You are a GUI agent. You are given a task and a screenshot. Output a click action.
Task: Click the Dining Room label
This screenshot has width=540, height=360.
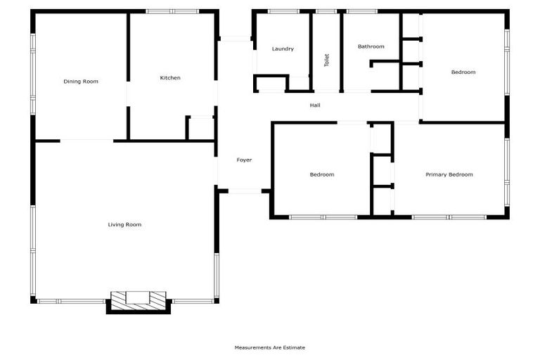(81, 82)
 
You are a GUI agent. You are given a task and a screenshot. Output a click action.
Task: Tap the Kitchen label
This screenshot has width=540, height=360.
(170, 78)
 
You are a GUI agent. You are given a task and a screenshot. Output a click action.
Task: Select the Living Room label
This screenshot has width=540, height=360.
(124, 225)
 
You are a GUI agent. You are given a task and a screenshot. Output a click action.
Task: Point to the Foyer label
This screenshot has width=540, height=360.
(244, 160)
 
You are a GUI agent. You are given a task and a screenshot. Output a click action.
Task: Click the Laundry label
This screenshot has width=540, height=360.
(283, 49)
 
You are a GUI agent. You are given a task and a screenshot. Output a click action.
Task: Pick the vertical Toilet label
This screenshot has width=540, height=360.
(326, 60)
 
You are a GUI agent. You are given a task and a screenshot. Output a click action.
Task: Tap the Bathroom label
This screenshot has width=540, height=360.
(371, 46)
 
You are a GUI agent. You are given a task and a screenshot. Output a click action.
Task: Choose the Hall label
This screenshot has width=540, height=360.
(315, 105)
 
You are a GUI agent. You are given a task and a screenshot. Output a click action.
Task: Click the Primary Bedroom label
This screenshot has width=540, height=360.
(449, 174)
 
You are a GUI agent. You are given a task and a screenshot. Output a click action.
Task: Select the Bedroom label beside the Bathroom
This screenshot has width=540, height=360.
(463, 72)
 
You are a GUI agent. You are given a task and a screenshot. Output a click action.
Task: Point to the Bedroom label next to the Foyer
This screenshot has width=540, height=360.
(322, 174)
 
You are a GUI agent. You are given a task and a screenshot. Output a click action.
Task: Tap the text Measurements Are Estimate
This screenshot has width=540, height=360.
(269, 347)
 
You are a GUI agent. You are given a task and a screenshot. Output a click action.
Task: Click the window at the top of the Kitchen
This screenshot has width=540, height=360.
(172, 11)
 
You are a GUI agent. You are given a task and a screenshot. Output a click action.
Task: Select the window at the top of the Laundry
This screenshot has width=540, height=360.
(283, 11)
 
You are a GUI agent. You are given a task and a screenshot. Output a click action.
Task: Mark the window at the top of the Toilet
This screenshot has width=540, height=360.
(326, 11)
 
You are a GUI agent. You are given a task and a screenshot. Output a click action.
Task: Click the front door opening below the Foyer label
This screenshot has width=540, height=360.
(244, 191)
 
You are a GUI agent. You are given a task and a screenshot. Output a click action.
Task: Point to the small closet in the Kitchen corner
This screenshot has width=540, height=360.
(201, 129)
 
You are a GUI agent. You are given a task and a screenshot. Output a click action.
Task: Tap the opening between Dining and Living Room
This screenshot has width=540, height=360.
(86, 141)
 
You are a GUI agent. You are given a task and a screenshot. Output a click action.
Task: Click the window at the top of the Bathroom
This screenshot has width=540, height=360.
(361, 11)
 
